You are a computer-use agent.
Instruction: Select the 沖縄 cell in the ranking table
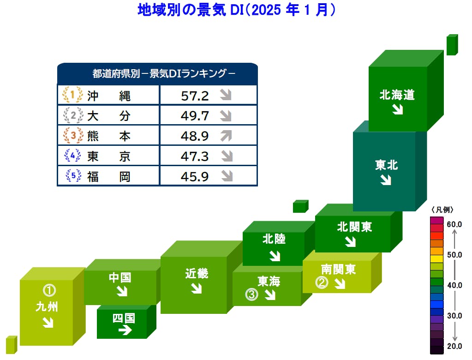coord(109,96)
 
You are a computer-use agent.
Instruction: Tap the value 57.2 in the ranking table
coord(195,96)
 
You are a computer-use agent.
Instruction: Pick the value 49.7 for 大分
coord(195,116)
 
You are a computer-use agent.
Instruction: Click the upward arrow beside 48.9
coord(226,136)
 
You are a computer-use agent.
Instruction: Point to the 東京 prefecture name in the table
coord(109,156)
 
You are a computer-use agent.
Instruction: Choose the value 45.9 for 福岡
coord(195,176)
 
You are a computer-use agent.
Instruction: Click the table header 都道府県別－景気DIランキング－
coord(157,74)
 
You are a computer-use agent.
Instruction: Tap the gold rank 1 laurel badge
coord(72,95)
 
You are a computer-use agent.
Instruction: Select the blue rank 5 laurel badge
coord(72,176)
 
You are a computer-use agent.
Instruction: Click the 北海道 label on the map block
coord(397,95)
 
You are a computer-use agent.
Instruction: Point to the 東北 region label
coord(387,165)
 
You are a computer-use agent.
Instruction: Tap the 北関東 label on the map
coord(354,227)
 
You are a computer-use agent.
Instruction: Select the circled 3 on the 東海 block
coord(251,294)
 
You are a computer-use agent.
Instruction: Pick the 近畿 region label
coord(197,273)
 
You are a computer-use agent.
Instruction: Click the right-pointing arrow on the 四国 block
coord(125,330)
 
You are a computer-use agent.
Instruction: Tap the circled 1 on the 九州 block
coord(49,290)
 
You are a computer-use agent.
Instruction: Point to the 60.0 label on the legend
coord(454,224)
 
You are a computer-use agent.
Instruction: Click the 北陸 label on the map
coord(274,239)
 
